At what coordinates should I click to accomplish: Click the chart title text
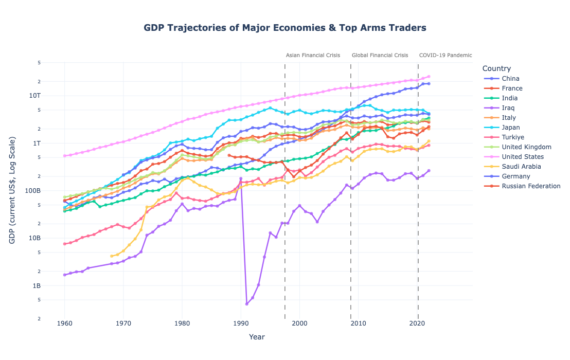(284, 28)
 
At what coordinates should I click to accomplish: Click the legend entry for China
(510, 79)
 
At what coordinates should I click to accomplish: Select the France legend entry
(512, 88)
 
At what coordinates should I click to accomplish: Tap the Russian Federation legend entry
(530, 186)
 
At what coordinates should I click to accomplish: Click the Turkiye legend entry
(512, 137)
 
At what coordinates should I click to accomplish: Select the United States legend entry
(522, 157)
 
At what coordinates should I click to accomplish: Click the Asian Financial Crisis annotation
(313, 55)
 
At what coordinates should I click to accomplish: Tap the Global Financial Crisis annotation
(380, 55)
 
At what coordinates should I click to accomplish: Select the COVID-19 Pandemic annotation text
(445, 55)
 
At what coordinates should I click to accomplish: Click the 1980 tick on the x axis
(182, 323)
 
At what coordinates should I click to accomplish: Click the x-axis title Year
(257, 337)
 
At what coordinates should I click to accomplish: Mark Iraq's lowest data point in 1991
(246, 304)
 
